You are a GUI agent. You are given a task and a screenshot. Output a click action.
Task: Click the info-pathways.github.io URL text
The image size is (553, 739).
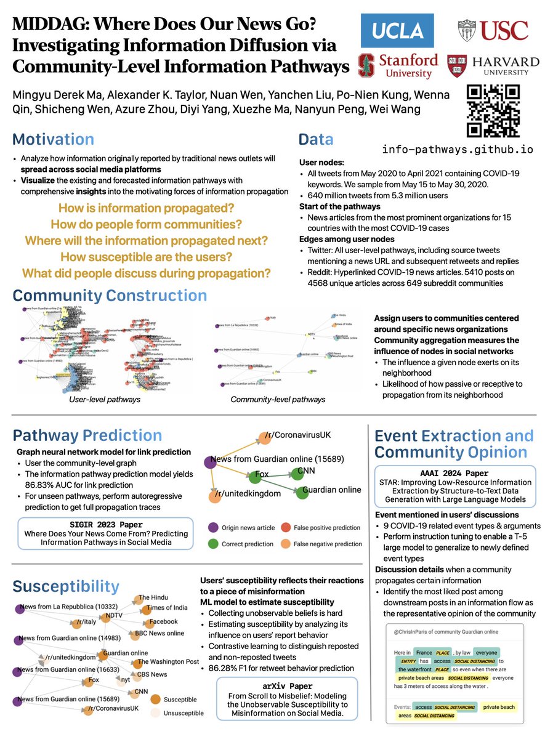point(457,150)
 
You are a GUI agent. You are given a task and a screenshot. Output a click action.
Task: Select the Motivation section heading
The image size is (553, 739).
point(54,139)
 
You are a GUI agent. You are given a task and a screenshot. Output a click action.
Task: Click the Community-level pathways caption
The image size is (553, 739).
point(269,400)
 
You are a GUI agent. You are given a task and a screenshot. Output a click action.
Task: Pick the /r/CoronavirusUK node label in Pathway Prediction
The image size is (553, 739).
point(297,435)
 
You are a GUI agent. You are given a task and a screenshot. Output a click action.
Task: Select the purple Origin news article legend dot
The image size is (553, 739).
point(212,527)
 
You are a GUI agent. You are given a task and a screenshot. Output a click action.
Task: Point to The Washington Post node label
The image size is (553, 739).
point(168,662)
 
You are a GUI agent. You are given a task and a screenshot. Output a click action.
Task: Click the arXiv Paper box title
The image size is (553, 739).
point(288,685)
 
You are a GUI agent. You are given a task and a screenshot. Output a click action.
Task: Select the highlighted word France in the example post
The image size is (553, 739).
point(424,652)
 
